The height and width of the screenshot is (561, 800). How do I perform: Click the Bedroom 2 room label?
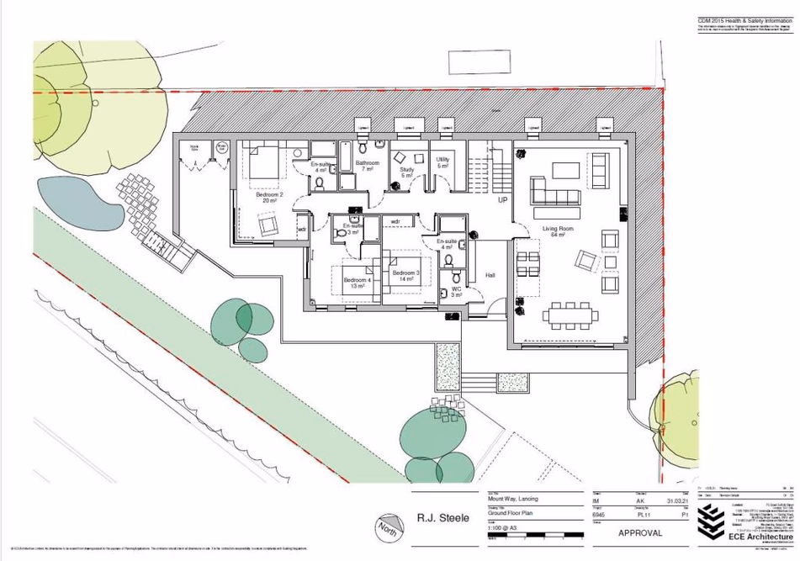269,198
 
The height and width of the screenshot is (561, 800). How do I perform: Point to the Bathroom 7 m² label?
367,166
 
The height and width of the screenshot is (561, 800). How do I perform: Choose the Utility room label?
442,162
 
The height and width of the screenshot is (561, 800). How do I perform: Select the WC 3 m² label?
456,292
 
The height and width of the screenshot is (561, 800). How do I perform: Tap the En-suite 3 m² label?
352,229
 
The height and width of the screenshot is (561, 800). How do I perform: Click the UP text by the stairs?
502,201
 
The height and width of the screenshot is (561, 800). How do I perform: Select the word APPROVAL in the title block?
640,532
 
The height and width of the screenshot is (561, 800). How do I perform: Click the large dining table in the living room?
572,315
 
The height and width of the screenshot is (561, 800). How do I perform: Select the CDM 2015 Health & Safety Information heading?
744,20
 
